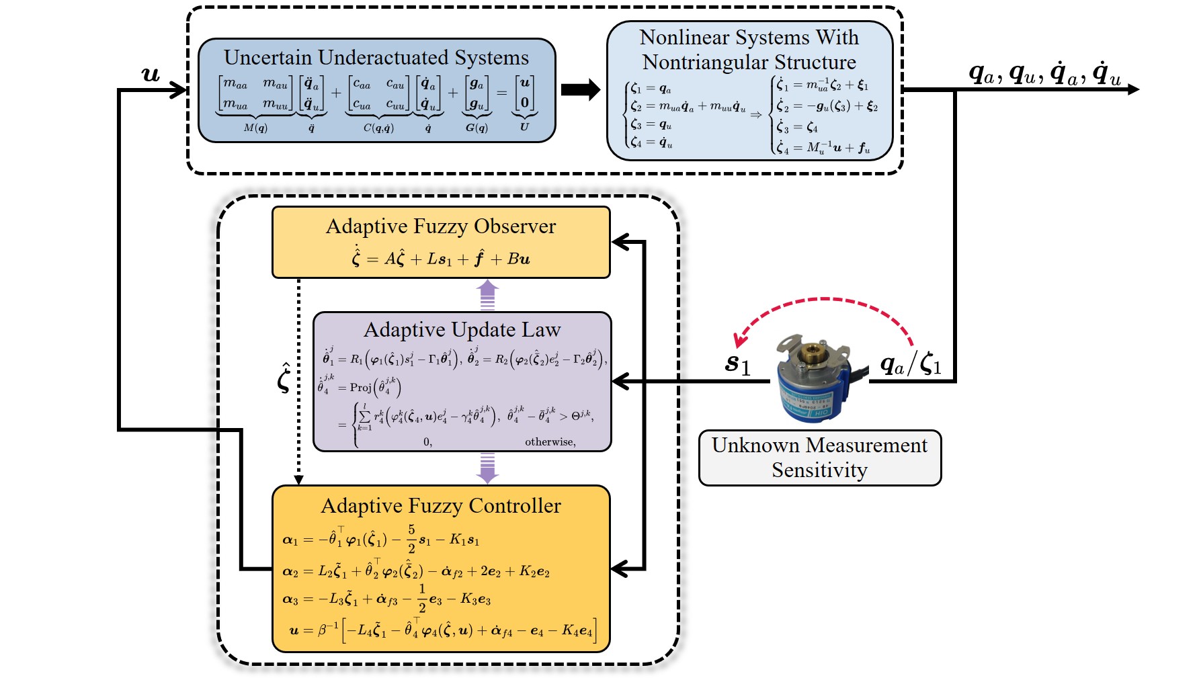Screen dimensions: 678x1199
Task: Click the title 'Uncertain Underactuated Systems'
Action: pos(376,58)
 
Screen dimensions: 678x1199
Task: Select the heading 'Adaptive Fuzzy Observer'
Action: pos(441,226)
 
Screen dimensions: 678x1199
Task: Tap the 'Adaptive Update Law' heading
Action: pos(462,330)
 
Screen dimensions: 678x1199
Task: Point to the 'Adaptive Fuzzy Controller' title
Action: pos(441,506)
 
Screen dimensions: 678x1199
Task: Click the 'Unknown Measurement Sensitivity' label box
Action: pos(819,458)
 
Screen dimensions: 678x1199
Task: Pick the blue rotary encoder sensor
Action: pos(814,379)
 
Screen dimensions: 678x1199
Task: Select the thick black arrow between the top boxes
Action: pos(580,89)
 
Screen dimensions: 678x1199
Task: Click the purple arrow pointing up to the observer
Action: pos(487,294)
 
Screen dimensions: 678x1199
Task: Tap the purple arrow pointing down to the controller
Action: pos(487,468)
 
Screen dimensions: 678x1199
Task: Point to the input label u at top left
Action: pos(151,74)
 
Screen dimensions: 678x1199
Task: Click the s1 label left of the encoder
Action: pos(737,364)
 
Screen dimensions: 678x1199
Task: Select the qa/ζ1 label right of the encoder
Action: pos(911,365)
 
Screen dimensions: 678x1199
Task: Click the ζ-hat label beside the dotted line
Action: pos(284,377)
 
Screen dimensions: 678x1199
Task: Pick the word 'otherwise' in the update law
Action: pos(550,441)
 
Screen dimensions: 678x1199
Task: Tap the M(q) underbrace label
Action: pos(255,128)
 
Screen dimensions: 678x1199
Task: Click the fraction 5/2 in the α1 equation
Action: pos(411,539)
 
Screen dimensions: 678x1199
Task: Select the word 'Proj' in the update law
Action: pos(361,387)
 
